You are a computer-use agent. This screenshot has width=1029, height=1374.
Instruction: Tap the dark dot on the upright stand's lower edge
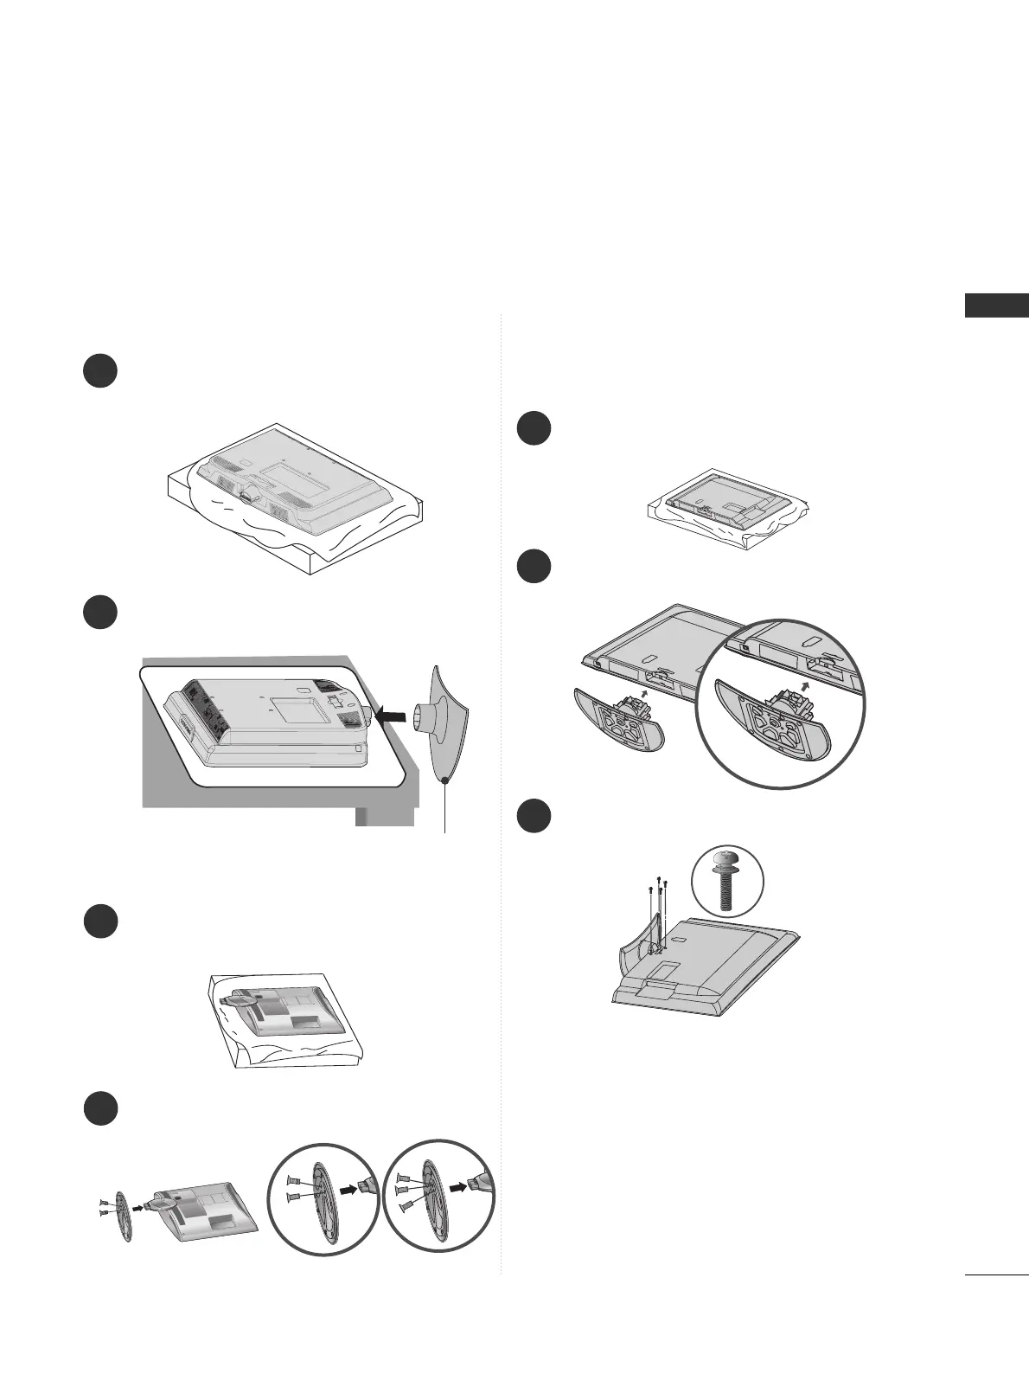(444, 780)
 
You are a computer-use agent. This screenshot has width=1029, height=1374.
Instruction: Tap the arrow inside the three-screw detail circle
(458, 1188)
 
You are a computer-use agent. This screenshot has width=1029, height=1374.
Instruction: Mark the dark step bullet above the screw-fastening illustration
(534, 816)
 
